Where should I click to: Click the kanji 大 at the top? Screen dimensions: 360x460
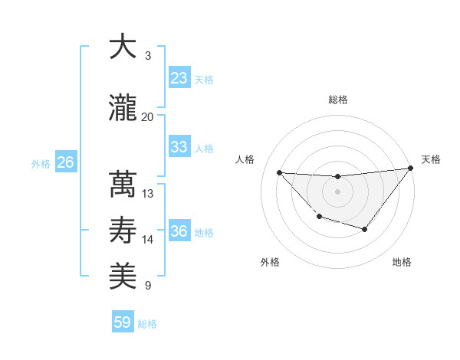tap(123, 47)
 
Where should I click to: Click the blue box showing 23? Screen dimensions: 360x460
tap(179, 78)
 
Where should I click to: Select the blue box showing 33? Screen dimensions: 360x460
tap(179, 147)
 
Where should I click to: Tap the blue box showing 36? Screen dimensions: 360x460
tap(179, 231)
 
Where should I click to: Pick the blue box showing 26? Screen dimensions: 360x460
tap(65, 162)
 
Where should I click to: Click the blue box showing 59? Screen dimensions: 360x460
tap(123, 323)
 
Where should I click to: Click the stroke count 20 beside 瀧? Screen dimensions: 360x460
tap(148, 117)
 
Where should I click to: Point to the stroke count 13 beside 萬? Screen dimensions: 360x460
tap(148, 195)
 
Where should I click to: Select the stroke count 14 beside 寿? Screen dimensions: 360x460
tap(148, 240)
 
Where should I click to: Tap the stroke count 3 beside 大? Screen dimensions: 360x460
tap(148, 56)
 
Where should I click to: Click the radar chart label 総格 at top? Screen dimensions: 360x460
tap(337, 100)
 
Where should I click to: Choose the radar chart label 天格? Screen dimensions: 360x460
tap(432, 159)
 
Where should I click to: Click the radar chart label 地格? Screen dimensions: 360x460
tap(402, 263)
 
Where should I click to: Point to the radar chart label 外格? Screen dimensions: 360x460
tap(270, 263)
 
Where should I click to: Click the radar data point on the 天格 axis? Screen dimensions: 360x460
tap(410, 169)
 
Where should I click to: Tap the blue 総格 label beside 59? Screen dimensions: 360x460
tap(147, 324)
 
